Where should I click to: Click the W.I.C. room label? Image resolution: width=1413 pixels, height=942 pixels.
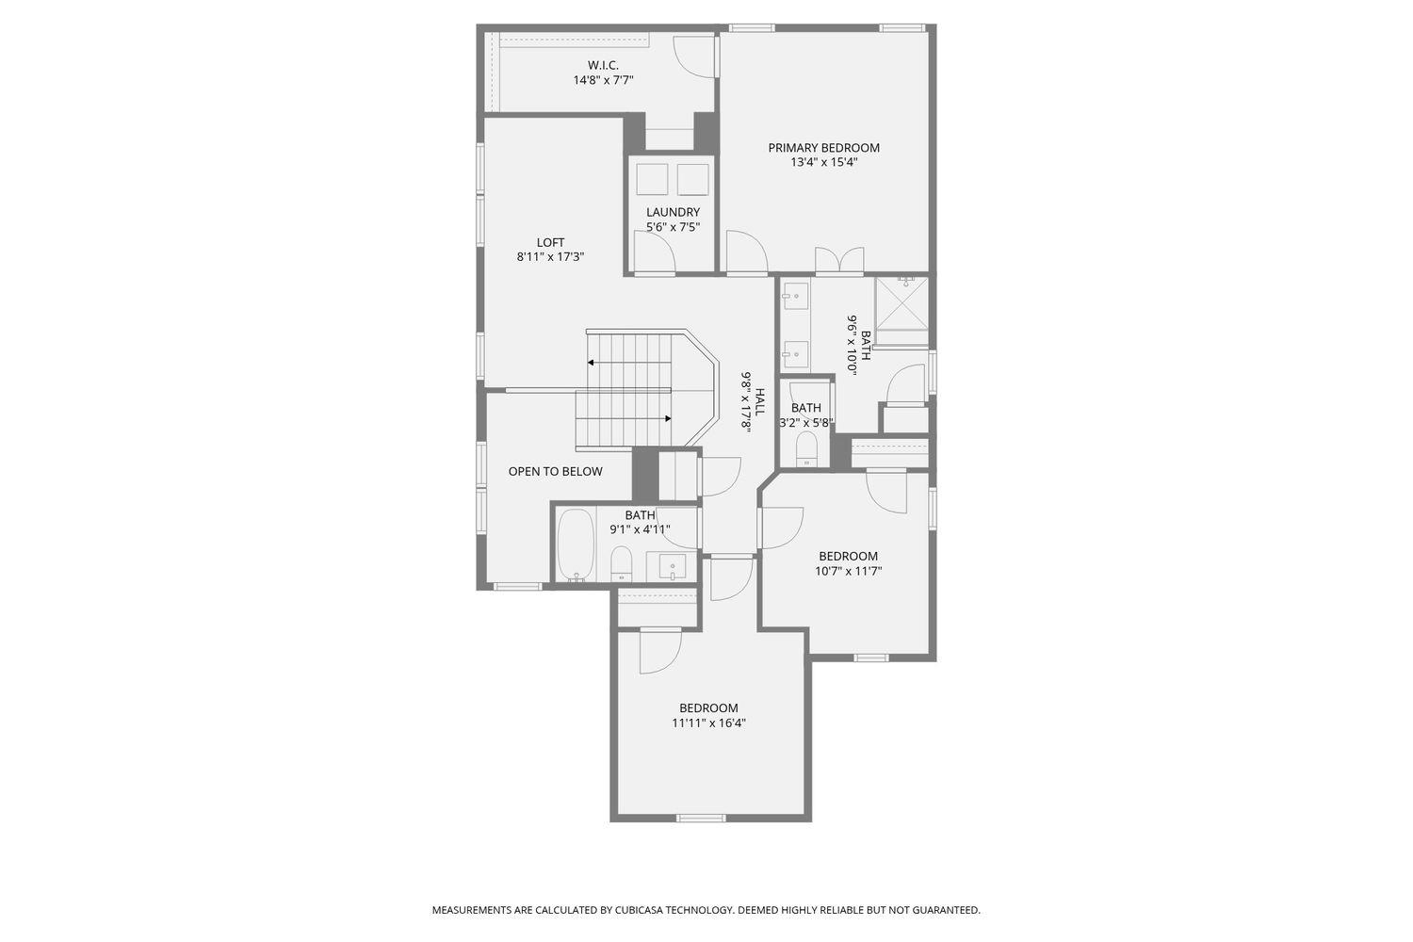[603, 65]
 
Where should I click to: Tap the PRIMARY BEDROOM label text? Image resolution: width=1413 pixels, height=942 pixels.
[823, 148]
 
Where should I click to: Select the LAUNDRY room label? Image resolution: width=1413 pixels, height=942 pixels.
[673, 212]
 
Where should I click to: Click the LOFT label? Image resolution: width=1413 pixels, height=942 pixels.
[550, 242]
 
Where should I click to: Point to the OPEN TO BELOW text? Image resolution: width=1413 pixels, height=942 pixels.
[555, 471]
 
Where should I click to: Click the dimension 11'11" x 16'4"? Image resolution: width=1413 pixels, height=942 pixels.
[708, 723]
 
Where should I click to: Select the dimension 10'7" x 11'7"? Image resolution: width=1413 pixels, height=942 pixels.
[848, 571]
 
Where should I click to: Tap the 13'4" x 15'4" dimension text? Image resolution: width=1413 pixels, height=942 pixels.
[823, 162]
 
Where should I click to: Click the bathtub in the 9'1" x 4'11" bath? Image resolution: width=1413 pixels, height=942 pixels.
[573, 544]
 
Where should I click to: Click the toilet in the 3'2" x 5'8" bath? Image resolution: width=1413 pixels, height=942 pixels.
[806, 449]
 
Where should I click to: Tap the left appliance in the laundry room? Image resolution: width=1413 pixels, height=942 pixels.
[652, 179]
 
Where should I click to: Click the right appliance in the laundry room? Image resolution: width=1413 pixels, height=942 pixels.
[692, 179]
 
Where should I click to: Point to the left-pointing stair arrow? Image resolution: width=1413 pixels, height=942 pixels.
[592, 362]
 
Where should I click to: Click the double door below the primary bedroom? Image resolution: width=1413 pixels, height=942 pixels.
[839, 260]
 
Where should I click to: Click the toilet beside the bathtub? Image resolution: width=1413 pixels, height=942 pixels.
[621, 564]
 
